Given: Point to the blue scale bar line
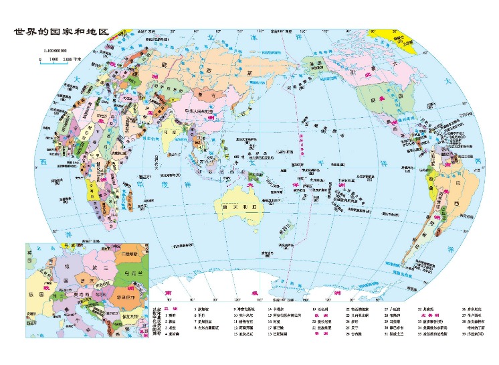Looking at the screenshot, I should point(57,58).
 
